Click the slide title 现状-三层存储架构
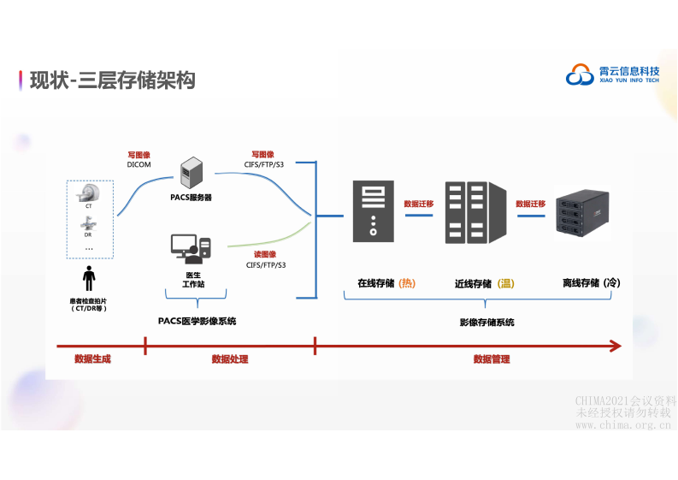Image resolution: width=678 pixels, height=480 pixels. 112,80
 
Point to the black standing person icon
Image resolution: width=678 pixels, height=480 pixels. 89,279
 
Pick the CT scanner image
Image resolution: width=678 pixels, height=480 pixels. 89,191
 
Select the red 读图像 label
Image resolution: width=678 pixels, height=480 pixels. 265,254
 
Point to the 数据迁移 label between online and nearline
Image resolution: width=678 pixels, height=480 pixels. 419,204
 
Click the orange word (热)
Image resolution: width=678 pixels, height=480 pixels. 407,282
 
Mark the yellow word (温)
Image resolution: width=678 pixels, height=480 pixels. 506,283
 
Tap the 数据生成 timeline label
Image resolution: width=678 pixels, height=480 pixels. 92,359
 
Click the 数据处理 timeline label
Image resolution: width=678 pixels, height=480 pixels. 230,359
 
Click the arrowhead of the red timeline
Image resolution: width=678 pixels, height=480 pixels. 616,346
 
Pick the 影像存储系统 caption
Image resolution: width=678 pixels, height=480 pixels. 486,323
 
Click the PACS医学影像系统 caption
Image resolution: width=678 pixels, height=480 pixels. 198,322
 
